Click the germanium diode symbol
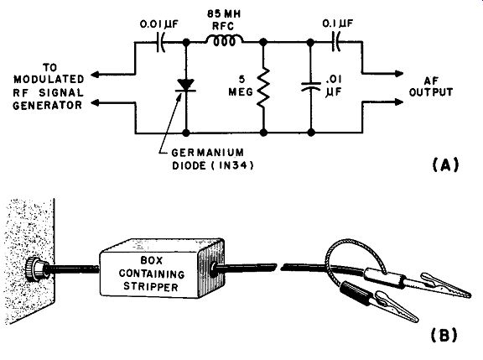(x=186, y=86)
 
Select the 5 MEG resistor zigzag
(x=263, y=88)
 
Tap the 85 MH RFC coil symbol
(x=224, y=41)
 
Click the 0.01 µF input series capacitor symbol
(x=161, y=42)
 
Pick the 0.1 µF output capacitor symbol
(x=335, y=42)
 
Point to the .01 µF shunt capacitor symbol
(x=311, y=86)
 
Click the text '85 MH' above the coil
(x=224, y=14)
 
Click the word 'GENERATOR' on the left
(x=48, y=106)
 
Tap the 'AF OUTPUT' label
(x=431, y=86)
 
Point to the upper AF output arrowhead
(x=399, y=74)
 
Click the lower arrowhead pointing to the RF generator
(x=96, y=102)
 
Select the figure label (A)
(x=445, y=164)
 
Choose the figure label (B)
(x=444, y=336)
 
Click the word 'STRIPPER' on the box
(x=151, y=287)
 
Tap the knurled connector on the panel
(x=34, y=269)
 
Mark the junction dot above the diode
(x=186, y=42)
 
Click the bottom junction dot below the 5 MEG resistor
(x=263, y=133)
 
